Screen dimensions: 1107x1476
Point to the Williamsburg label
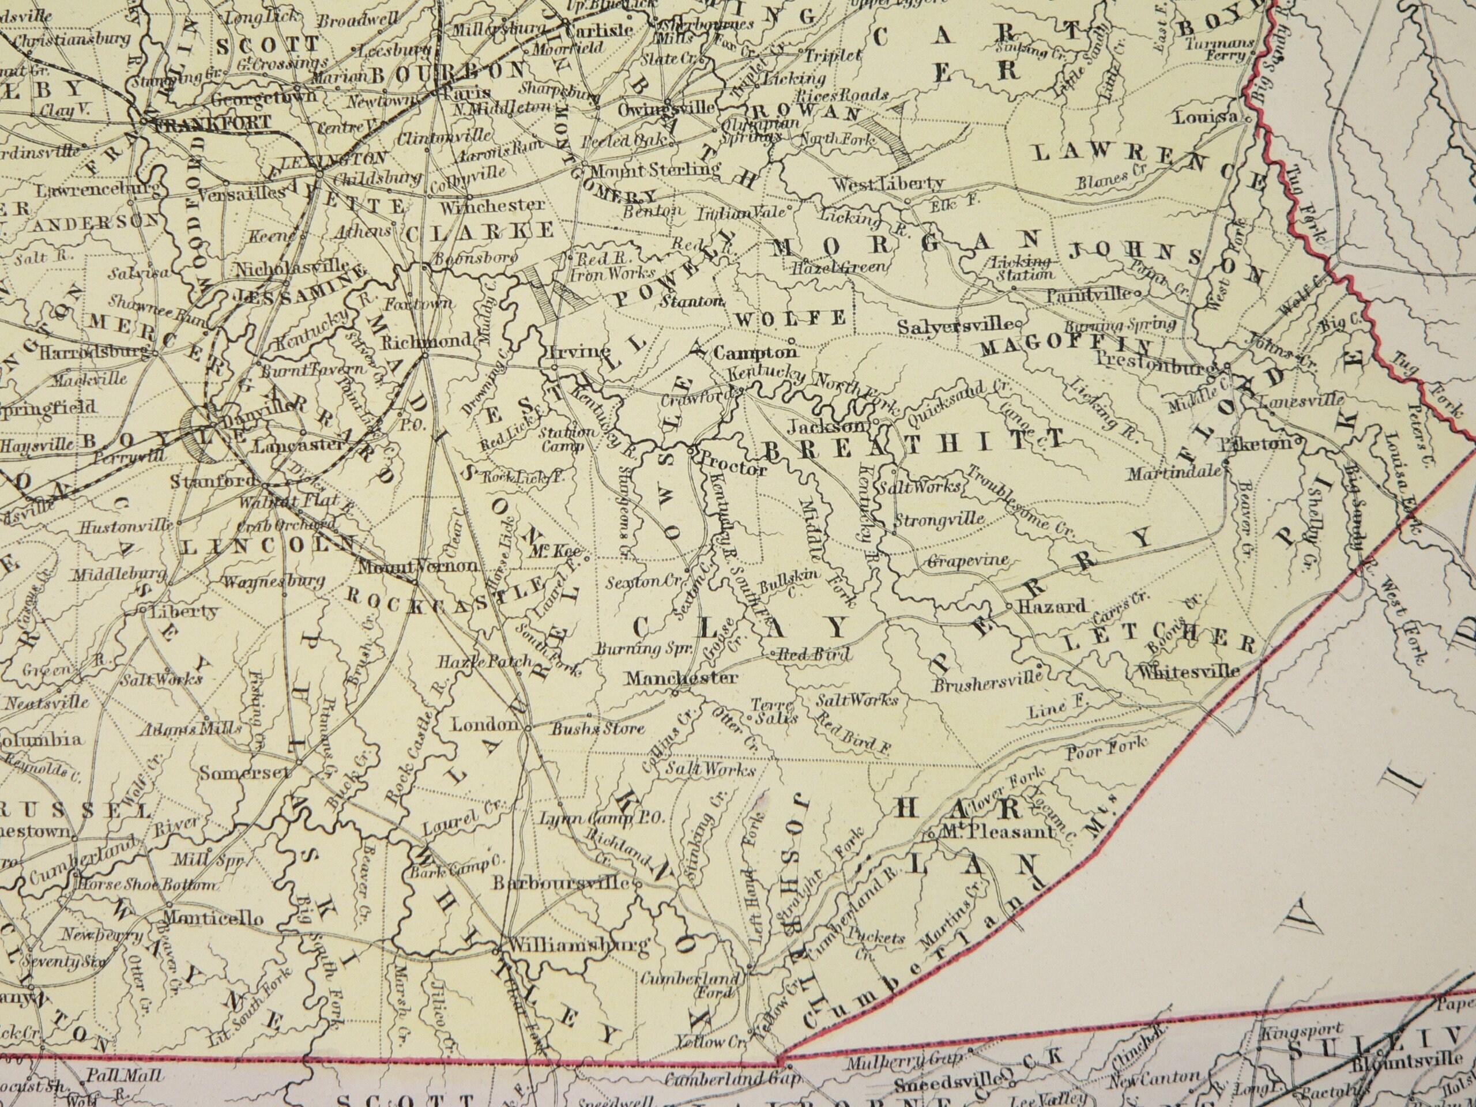tap(578, 946)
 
